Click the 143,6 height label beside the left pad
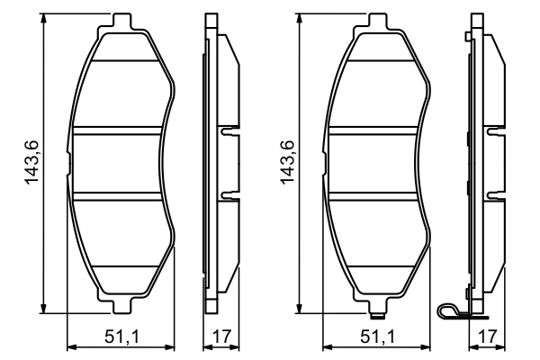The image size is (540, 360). point(33,162)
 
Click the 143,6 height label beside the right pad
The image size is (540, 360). point(290,162)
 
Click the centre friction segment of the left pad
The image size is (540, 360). point(121,164)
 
